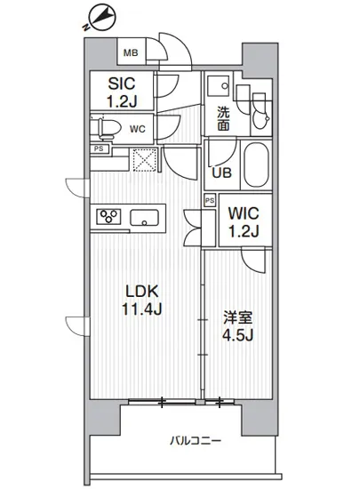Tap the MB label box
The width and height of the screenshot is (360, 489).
click(130, 52)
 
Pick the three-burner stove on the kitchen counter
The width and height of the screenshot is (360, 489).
click(110, 217)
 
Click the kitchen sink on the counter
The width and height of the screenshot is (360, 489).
click(145, 217)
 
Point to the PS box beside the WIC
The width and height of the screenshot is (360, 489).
click(209, 201)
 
